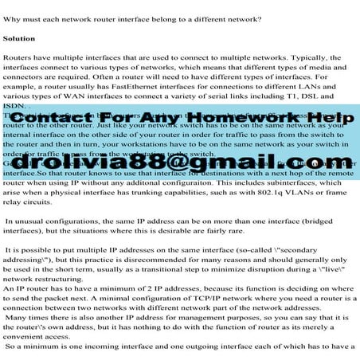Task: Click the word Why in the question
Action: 13,17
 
